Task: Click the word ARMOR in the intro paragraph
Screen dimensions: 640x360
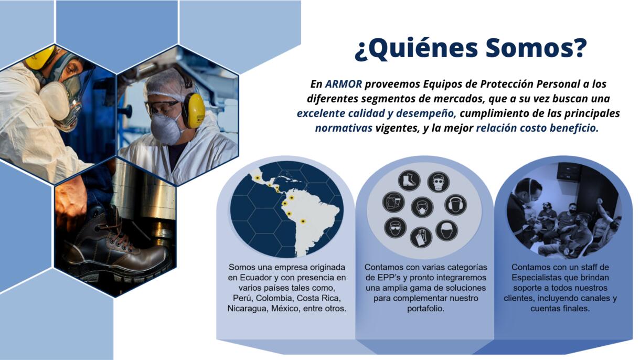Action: coord(344,84)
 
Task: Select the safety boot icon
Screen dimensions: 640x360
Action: coord(409,181)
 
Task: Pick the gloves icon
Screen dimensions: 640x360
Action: coord(421,237)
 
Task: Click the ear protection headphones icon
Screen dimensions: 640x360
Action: coord(455,205)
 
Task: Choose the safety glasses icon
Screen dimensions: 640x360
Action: coord(396,227)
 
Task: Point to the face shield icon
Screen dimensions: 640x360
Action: coord(393,202)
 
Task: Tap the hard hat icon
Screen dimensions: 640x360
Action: coord(447,230)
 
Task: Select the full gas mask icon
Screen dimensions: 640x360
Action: coord(438,182)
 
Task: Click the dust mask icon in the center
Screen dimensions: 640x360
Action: coord(422,207)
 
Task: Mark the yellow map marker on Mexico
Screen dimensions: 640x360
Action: coord(258,178)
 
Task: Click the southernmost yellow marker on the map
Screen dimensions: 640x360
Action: coord(303,221)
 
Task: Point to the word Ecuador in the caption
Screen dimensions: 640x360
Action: coord(253,278)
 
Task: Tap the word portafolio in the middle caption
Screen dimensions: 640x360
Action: coord(425,309)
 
